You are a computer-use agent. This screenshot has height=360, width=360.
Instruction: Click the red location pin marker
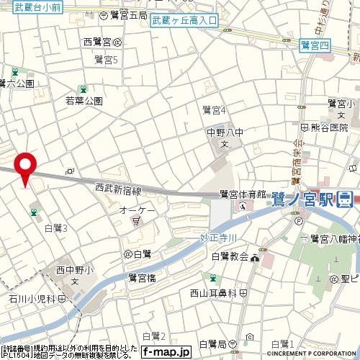[27, 167]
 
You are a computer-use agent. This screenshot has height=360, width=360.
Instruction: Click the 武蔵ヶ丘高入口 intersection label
[184, 21]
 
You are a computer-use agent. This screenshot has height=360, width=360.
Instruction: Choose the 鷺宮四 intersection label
[315, 45]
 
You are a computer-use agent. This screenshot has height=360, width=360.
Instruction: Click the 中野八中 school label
[224, 132]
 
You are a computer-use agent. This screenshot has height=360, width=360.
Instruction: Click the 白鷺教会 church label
[230, 256]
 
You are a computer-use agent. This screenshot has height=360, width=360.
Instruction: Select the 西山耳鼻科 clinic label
[213, 293]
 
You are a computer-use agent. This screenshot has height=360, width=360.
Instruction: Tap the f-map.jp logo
[165, 352]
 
